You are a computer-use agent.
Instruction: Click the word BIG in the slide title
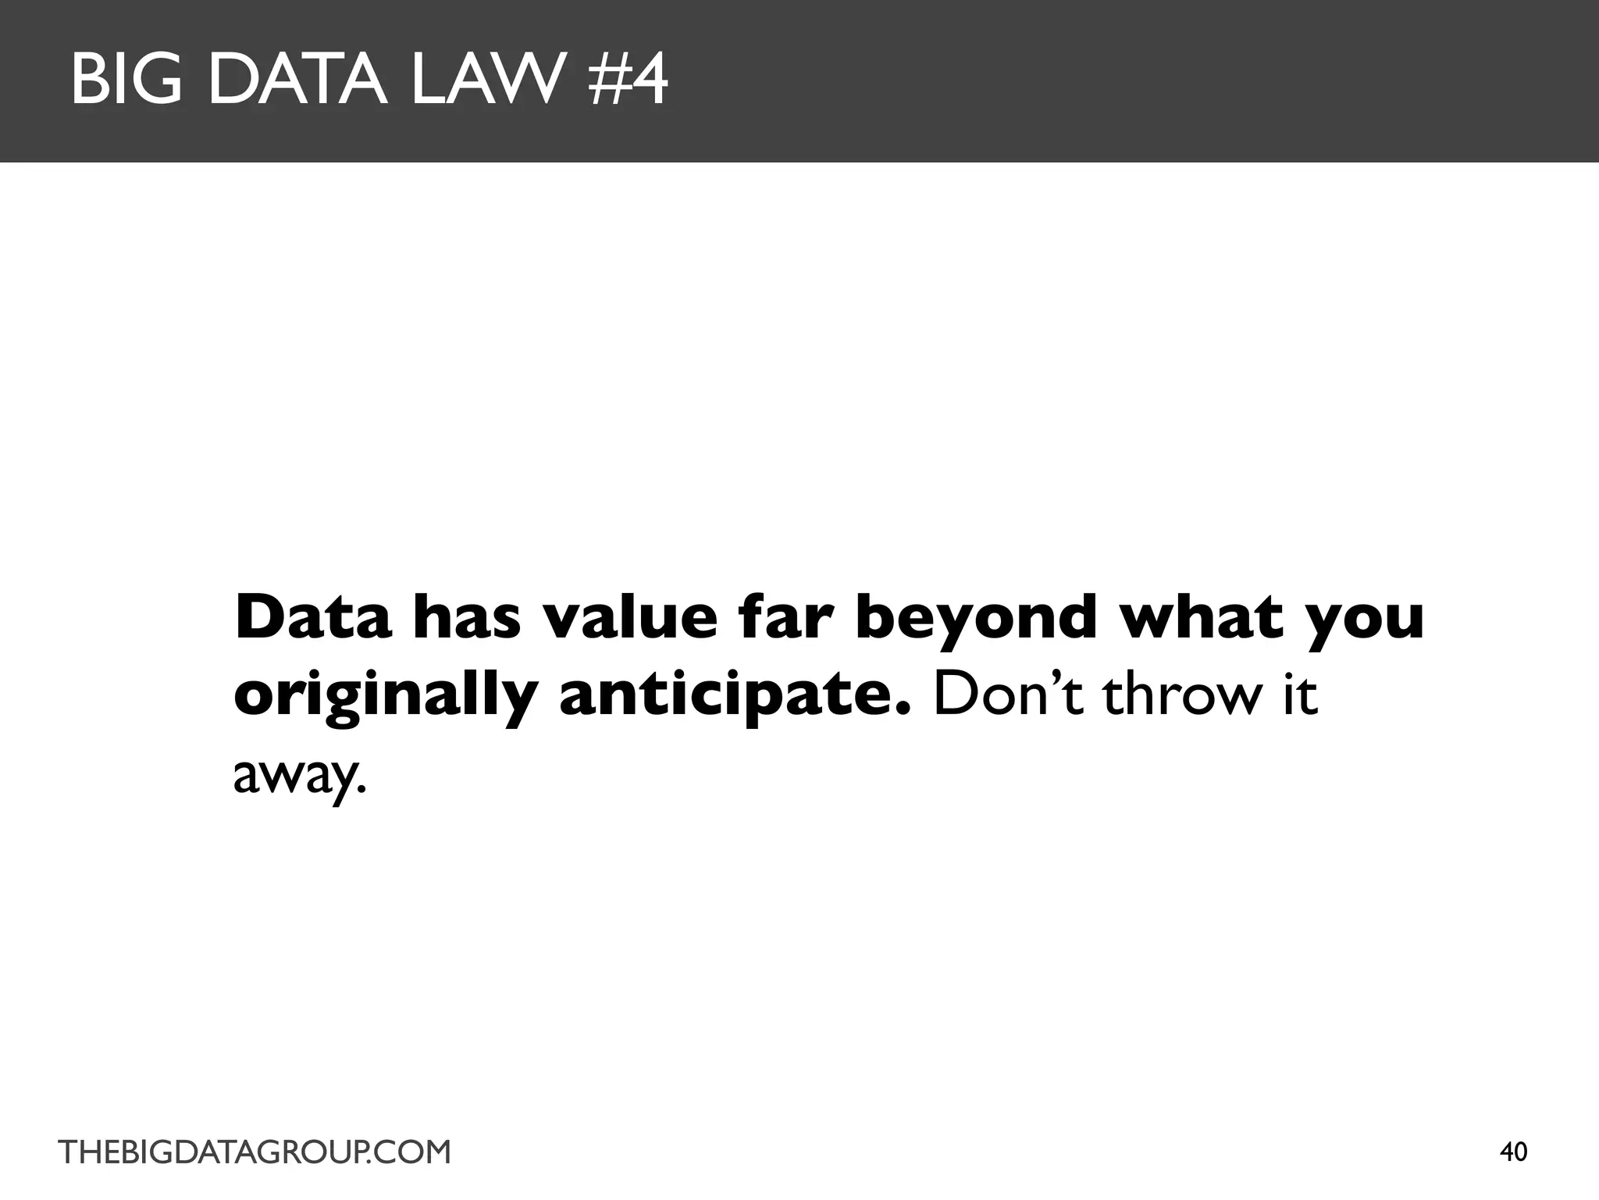pos(131,80)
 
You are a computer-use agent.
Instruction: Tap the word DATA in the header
pos(298,80)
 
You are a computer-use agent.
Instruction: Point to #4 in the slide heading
pos(629,80)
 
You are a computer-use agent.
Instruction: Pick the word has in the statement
pos(466,617)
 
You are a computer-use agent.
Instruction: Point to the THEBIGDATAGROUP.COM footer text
pos(255,1152)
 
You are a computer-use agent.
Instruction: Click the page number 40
pos(1514,1152)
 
